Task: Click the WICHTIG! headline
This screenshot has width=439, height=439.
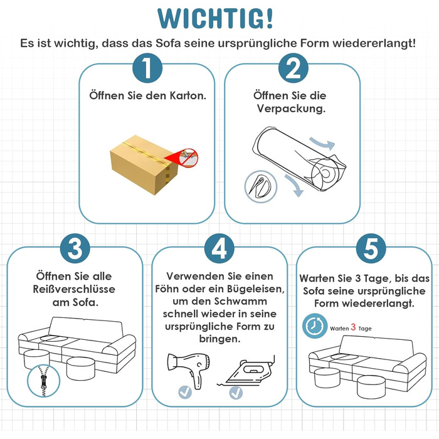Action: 215,18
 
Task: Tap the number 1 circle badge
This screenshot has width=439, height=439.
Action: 147,68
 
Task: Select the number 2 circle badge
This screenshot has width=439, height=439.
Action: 293,68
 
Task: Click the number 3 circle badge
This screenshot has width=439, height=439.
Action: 75,248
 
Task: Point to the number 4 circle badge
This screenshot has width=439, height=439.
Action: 219,248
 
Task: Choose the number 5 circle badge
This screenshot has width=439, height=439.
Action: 371,248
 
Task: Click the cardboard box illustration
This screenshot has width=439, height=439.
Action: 144,164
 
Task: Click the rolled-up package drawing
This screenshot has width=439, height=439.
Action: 300,159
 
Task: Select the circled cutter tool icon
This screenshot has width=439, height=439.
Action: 261,186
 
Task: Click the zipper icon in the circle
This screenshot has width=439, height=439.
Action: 43,381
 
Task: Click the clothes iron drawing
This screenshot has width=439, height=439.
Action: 247,371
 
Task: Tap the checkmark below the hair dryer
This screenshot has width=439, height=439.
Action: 185,392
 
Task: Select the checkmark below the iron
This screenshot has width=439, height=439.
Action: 236,392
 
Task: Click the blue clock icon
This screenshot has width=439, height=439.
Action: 315,326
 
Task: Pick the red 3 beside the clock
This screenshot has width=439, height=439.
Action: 353,327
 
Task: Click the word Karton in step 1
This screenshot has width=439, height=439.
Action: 188,95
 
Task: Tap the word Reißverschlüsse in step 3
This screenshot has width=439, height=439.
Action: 74,289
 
